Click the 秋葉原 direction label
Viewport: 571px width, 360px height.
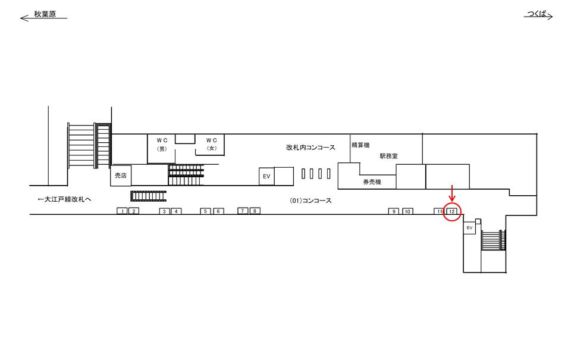45,14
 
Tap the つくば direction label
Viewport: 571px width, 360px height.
537,14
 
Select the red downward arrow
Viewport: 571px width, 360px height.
452,193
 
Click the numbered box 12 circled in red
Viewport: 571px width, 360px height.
451,211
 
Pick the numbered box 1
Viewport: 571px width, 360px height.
123,211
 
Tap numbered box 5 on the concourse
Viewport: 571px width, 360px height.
205,211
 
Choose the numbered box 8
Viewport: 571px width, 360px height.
255,211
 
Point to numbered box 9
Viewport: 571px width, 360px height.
394,211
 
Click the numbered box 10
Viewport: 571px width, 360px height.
407,211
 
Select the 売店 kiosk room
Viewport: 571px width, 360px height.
121,176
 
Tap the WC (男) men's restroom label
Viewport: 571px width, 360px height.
162,144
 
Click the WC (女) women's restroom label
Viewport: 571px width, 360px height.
212,144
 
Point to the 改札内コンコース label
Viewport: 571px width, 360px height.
310,148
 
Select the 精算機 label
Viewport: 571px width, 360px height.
360,145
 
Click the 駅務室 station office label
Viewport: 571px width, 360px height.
388,156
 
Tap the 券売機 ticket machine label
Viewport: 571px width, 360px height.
372,182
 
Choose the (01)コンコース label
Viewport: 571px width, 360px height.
310,201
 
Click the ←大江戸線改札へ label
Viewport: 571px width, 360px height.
64,199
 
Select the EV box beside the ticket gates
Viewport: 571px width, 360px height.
266,176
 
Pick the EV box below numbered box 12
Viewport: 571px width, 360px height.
469,228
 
